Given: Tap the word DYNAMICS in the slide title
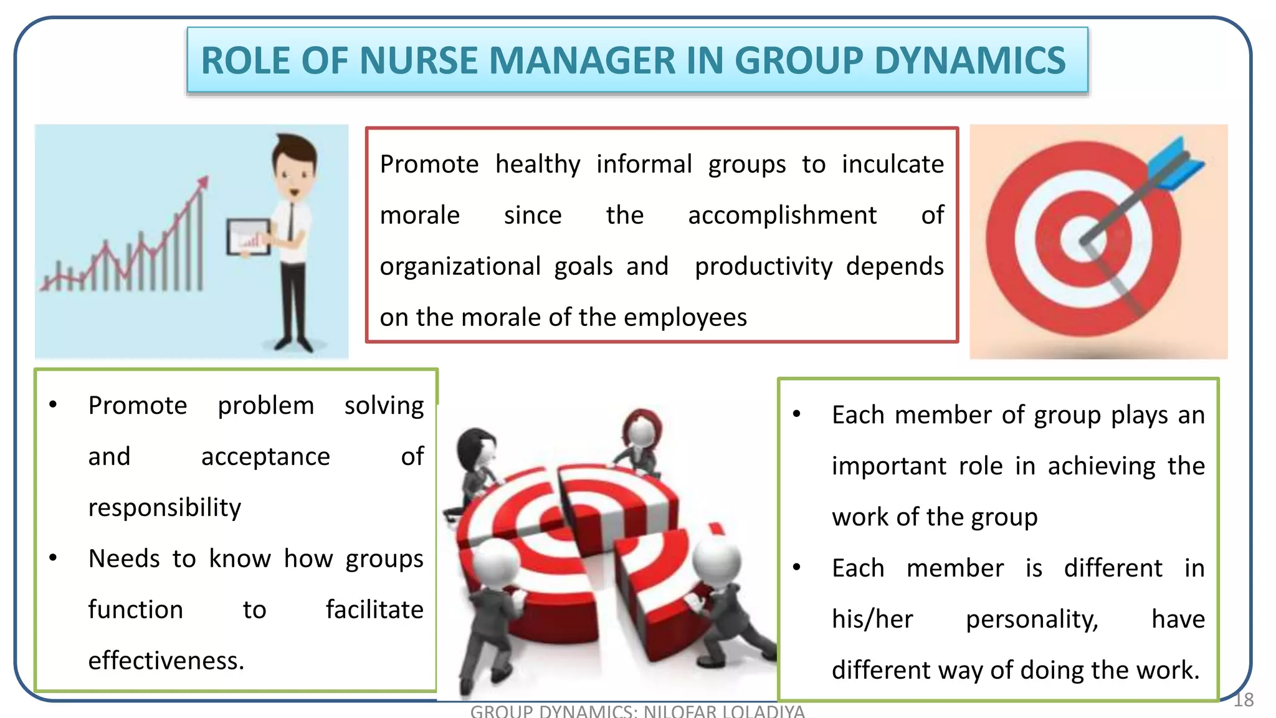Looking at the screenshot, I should pos(970,61).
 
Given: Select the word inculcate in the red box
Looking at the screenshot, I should pos(892,165).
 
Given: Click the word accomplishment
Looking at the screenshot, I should pos(782,216).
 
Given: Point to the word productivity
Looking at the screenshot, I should pos(763,267).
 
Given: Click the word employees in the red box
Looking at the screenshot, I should pos(685,318).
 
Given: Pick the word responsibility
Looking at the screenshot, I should pos(164,508).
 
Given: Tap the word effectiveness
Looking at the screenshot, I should pos(166,661).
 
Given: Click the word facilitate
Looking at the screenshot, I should pos(374,610).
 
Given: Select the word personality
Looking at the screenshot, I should pos(1032,620).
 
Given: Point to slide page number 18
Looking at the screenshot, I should pos(1244,700).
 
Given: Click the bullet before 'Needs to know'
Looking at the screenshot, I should pos(54,558).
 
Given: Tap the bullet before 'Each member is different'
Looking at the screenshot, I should pos(797,568).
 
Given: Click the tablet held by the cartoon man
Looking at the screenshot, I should pos(248,237).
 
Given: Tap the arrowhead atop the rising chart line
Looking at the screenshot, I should pos(203,182).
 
